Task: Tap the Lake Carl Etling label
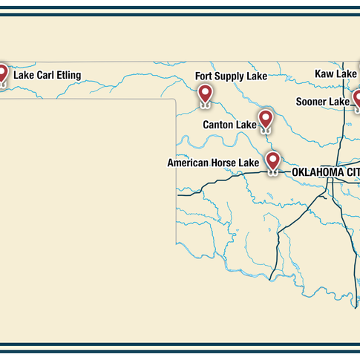coord(47,75)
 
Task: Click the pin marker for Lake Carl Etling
coord(3,73)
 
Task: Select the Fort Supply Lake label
coord(231,76)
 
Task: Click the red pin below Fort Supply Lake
coord(205,94)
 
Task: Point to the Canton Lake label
coord(229,125)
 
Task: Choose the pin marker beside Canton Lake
coord(266,119)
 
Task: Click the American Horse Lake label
coord(213,163)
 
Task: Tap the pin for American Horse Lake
coord(272,160)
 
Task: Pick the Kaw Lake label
coord(336,73)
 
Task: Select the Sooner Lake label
coord(322,102)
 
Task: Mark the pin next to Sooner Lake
coord(357,99)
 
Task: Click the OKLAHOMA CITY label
coord(325,172)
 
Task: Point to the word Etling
coord(67,75)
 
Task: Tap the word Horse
coord(226,163)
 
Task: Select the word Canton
coord(219,125)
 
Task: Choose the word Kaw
coord(325,73)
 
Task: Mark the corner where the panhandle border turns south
coord(175,99)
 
